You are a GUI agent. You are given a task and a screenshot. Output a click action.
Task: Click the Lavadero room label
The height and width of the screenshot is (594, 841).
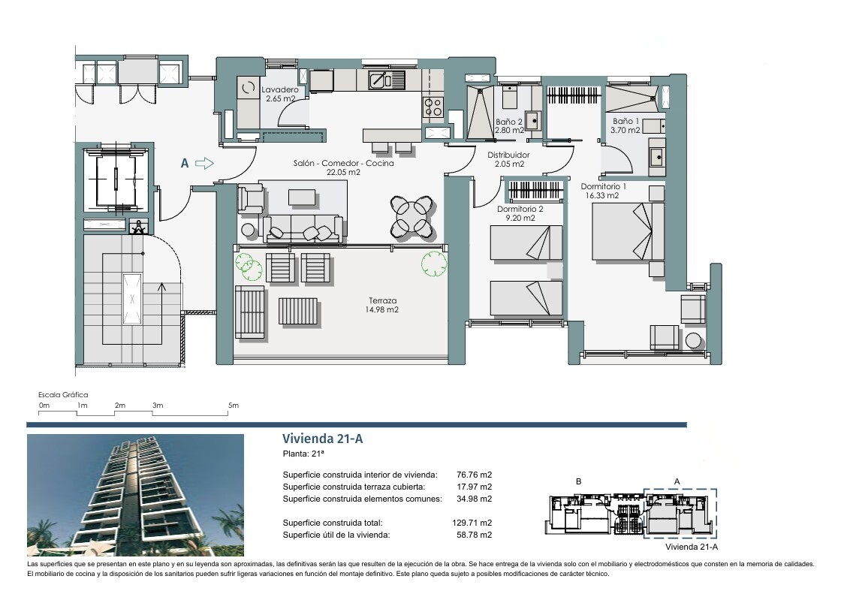[x=280, y=94]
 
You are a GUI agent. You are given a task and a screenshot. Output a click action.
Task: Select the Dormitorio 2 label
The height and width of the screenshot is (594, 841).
[x=520, y=213]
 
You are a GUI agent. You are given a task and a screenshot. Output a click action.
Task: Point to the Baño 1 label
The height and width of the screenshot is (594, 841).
[x=625, y=125]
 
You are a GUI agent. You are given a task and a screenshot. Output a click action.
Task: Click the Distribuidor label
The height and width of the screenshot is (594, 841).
[x=508, y=159]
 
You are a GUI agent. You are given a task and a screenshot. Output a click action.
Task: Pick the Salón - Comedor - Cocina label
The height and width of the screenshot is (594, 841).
[x=343, y=167]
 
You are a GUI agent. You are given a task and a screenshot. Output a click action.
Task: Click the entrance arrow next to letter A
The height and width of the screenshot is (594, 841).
[x=204, y=163]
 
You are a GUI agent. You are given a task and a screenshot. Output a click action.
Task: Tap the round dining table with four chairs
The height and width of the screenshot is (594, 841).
[x=411, y=216]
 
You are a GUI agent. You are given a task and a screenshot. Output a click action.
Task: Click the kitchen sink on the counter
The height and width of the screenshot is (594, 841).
[x=386, y=80]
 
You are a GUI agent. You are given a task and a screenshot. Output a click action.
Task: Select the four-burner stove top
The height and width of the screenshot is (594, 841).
[x=433, y=107]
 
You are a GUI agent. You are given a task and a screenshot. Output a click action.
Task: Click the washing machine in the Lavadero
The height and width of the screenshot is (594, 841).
[x=248, y=87]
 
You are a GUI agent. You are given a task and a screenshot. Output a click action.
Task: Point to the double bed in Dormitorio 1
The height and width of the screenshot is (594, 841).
[x=628, y=232]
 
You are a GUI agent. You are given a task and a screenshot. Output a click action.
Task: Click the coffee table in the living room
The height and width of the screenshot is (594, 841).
[x=303, y=197]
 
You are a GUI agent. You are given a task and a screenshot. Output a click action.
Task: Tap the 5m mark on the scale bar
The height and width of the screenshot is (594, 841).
[x=234, y=405]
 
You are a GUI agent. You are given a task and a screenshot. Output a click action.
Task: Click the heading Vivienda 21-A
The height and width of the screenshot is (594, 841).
[x=323, y=439]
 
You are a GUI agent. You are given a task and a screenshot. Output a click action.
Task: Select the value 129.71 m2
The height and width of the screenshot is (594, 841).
[x=472, y=523]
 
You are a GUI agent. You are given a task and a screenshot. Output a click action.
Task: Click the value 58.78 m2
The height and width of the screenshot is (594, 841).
[x=474, y=535]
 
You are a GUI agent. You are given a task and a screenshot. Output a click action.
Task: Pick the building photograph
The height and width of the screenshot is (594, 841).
[x=135, y=495]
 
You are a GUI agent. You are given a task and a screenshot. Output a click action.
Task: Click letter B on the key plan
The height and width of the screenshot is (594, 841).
[x=578, y=481]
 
